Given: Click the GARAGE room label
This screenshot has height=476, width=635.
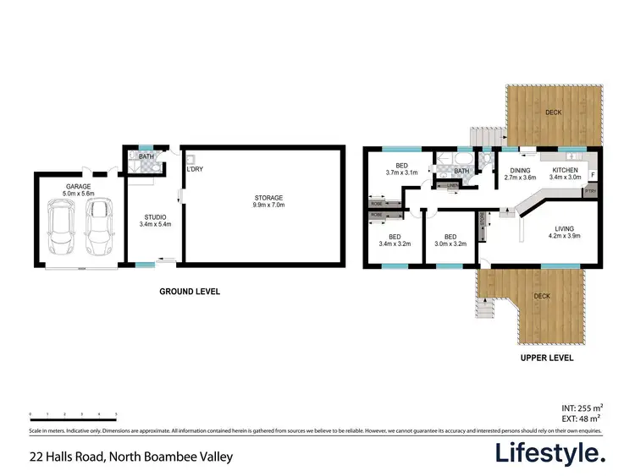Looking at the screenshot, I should [79, 189].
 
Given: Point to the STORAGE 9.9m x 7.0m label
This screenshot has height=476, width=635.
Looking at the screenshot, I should [266, 201].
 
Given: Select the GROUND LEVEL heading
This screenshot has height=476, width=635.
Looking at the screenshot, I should [190, 292].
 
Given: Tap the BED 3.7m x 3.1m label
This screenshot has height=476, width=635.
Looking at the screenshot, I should [398, 168].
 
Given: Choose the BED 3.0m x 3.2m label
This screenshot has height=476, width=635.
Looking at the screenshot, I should [450, 241].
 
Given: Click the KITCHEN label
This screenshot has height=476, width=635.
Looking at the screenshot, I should [566, 173].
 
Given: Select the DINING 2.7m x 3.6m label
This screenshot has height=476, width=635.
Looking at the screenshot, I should [521, 173].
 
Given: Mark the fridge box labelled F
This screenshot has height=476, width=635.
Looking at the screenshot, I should [593, 175].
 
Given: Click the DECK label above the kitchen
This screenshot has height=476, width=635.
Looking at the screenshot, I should [554, 112].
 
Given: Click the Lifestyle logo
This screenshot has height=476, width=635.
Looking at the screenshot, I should [550, 454].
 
